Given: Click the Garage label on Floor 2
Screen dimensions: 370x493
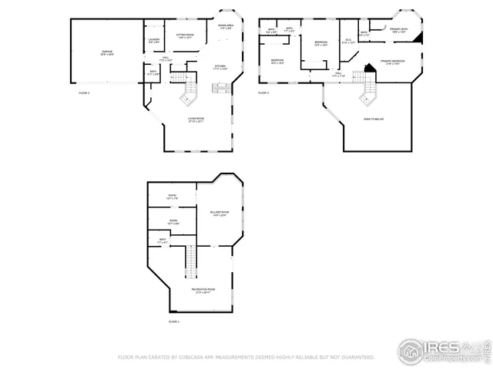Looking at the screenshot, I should [x=106, y=53].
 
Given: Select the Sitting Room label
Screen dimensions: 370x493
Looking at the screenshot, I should [x=185, y=36].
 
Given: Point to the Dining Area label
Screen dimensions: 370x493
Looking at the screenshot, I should [x=226, y=27].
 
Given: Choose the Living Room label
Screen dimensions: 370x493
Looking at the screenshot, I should [x=196, y=119].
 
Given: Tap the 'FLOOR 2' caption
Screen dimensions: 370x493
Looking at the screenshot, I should [x=84, y=92].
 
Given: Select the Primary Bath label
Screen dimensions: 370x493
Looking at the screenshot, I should [x=399, y=31].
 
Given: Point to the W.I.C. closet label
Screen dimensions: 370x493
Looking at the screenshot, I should [x=347, y=42].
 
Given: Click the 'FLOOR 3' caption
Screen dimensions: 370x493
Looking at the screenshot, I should [x=263, y=92].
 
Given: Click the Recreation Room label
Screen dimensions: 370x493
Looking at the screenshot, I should [x=203, y=291].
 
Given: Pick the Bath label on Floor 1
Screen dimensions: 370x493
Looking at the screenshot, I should [x=163, y=241].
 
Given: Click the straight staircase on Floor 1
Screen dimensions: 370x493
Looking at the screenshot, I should [x=189, y=262].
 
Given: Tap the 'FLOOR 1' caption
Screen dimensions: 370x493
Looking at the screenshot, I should [x=173, y=321].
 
